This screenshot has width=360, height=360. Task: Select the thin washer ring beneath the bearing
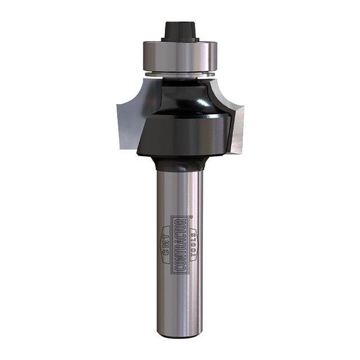[180, 74]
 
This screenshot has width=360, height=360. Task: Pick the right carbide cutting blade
[234, 118]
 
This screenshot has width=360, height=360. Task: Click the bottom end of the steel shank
[180, 335]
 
